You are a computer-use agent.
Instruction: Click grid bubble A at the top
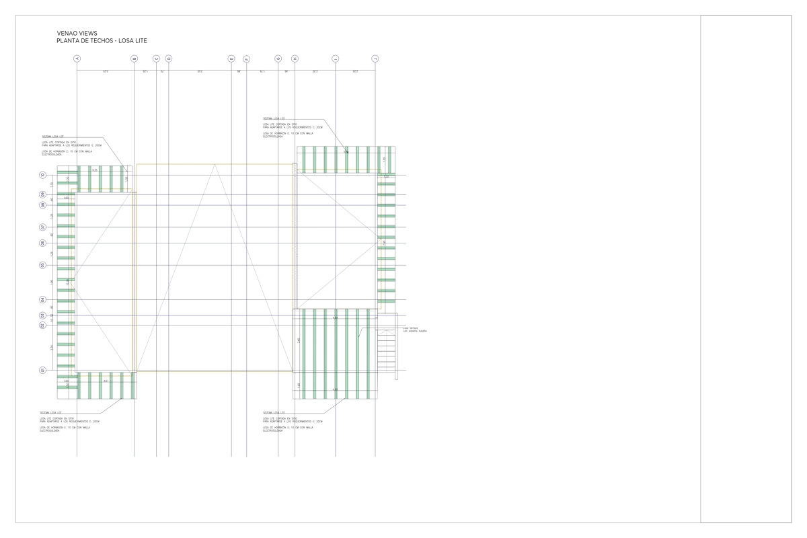click(77, 59)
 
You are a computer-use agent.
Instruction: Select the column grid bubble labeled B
click(134, 59)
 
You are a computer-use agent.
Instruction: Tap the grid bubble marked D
click(168, 59)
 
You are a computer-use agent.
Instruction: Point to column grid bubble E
click(231, 59)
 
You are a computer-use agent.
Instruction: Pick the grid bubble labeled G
click(278, 59)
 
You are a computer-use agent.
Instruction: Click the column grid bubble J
click(375, 59)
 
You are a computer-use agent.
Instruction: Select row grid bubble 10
click(42, 176)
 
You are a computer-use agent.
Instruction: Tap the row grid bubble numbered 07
click(42, 227)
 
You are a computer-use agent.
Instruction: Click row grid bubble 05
click(42, 265)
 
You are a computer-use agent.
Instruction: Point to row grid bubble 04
click(42, 300)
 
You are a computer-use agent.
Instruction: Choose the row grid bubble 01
click(42, 370)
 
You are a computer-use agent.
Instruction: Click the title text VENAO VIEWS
click(77, 33)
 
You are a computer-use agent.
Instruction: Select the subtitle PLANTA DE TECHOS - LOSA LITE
click(102, 41)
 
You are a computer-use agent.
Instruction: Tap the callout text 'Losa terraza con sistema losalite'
click(414, 330)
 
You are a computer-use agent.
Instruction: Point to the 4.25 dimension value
click(95, 170)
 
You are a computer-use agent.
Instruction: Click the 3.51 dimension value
click(106, 381)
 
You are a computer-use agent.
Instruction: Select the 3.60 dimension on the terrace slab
click(299, 340)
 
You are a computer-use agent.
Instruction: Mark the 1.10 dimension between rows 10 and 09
click(52, 185)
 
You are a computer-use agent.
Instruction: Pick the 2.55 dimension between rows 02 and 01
click(52, 347)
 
